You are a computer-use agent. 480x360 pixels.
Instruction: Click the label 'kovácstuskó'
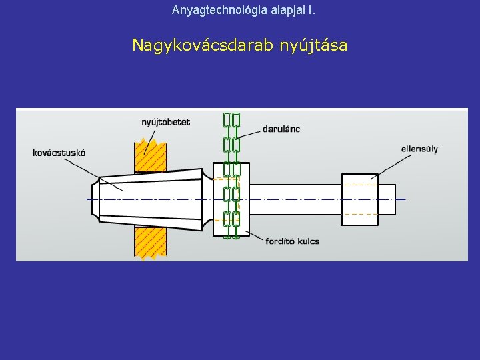(x=59, y=153)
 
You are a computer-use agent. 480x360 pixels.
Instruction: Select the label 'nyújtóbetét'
(x=166, y=121)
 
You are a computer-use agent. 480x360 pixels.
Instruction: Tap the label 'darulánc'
(x=281, y=129)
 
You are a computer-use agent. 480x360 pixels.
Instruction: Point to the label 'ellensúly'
(x=419, y=149)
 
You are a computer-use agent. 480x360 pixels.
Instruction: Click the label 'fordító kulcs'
(x=292, y=241)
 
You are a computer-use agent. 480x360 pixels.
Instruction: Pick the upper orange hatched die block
(x=151, y=157)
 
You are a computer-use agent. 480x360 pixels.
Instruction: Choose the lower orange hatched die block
(x=150, y=242)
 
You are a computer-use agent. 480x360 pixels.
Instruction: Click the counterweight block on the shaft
(x=359, y=199)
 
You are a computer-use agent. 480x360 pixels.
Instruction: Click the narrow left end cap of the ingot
(x=95, y=199)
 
